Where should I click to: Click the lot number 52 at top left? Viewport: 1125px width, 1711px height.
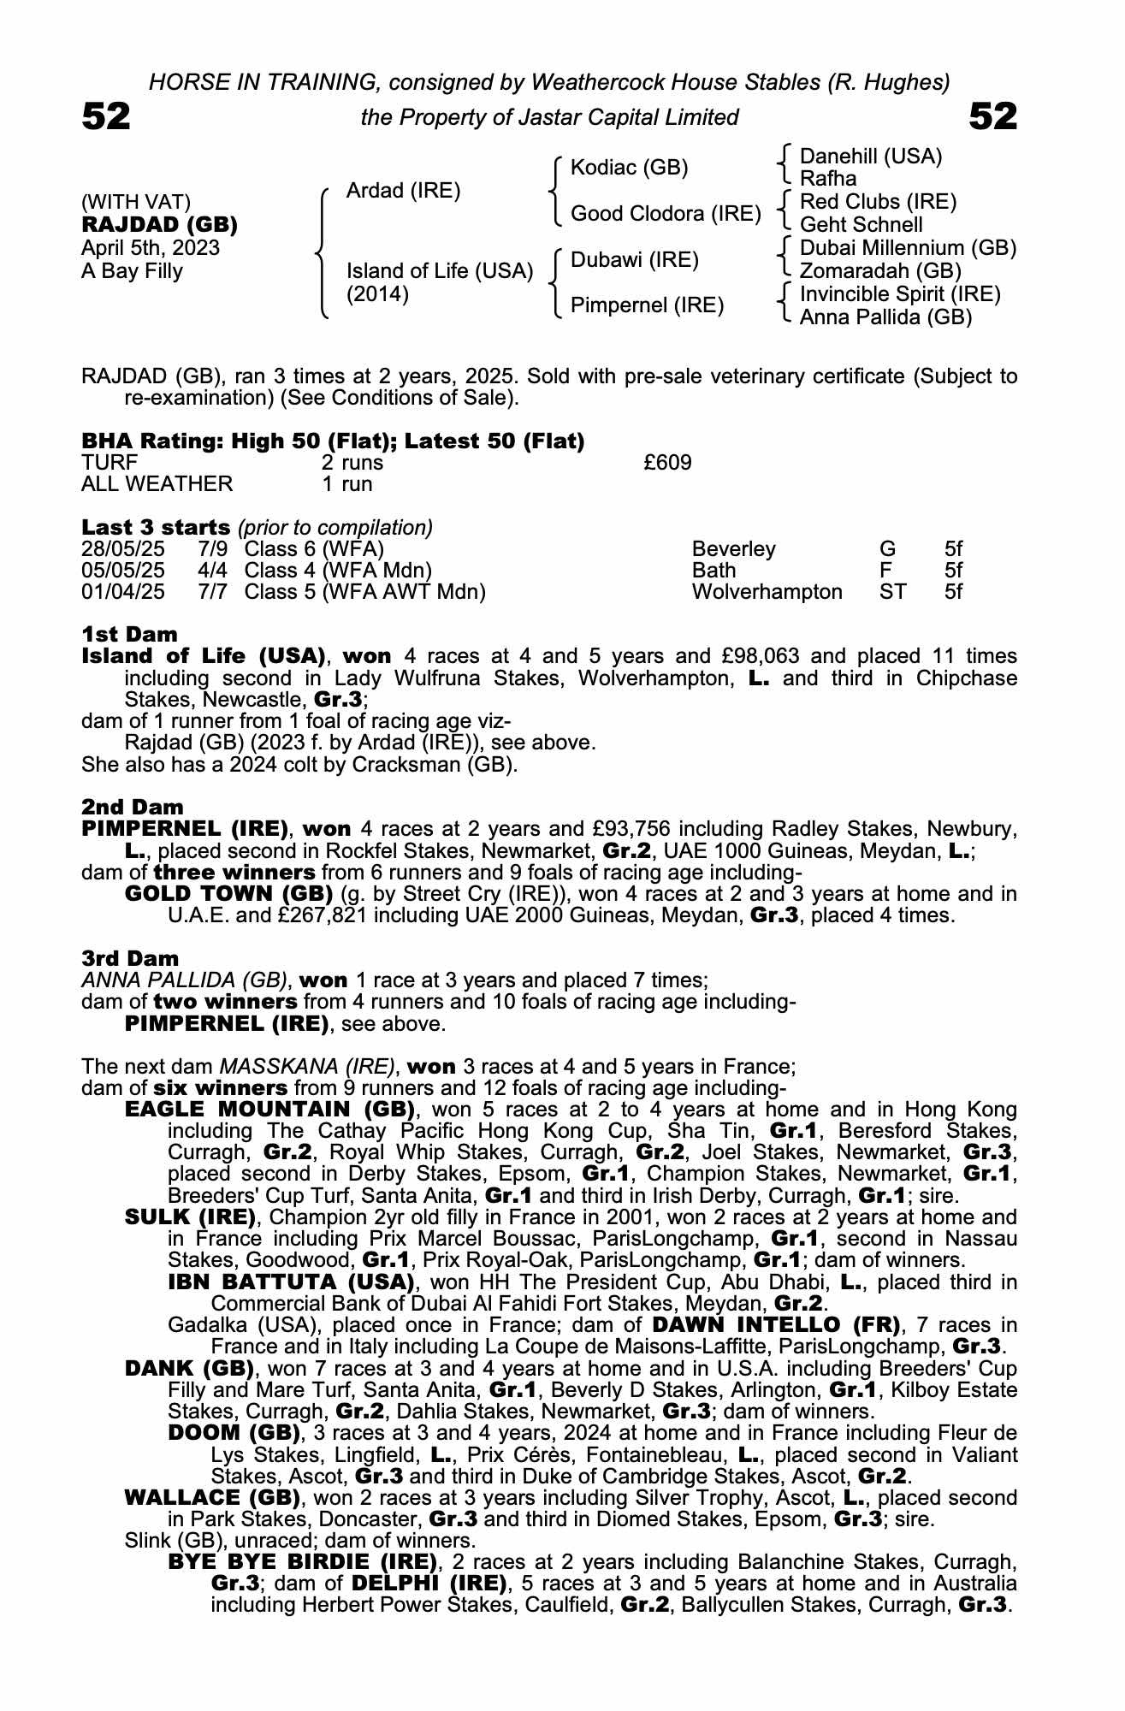tap(106, 116)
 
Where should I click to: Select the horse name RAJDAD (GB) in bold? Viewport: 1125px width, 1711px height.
tap(159, 225)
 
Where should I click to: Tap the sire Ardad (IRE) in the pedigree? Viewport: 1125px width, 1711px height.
tap(403, 191)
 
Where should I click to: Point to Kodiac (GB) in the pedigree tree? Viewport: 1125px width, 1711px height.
tap(629, 168)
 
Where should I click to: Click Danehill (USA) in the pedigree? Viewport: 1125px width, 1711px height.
tap(870, 157)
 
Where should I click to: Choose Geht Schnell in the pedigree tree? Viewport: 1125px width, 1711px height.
tap(861, 225)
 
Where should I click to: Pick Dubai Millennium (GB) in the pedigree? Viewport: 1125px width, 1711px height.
tap(908, 248)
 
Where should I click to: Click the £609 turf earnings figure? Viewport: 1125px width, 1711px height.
tap(667, 463)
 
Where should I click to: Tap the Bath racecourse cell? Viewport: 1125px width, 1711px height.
tap(713, 571)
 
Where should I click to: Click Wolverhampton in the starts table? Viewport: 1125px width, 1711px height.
tap(767, 592)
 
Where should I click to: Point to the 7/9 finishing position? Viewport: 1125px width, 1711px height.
tap(212, 549)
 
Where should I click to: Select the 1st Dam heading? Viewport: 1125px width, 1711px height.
tap(129, 635)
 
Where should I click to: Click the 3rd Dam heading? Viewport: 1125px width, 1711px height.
tap(130, 959)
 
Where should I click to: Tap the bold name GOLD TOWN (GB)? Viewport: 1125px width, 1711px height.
tap(228, 894)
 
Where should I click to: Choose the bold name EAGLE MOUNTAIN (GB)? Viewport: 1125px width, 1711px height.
tap(269, 1110)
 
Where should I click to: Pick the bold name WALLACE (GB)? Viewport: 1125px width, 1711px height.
tap(212, 1498)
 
